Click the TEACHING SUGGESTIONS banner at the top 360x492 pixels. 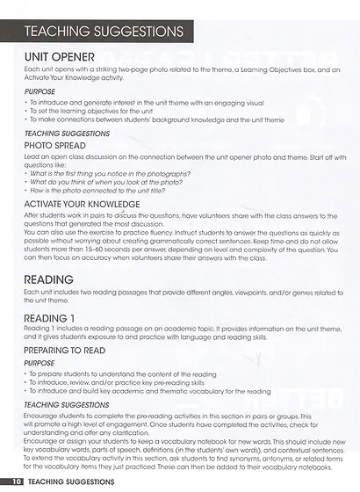[x=103, y=31]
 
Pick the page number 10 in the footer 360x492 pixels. [x=17, y=481]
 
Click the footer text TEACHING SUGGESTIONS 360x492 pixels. [x=76, y=481]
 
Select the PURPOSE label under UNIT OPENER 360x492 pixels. [x=40, y=90]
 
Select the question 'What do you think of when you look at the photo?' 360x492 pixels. [x=107, y=181]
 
